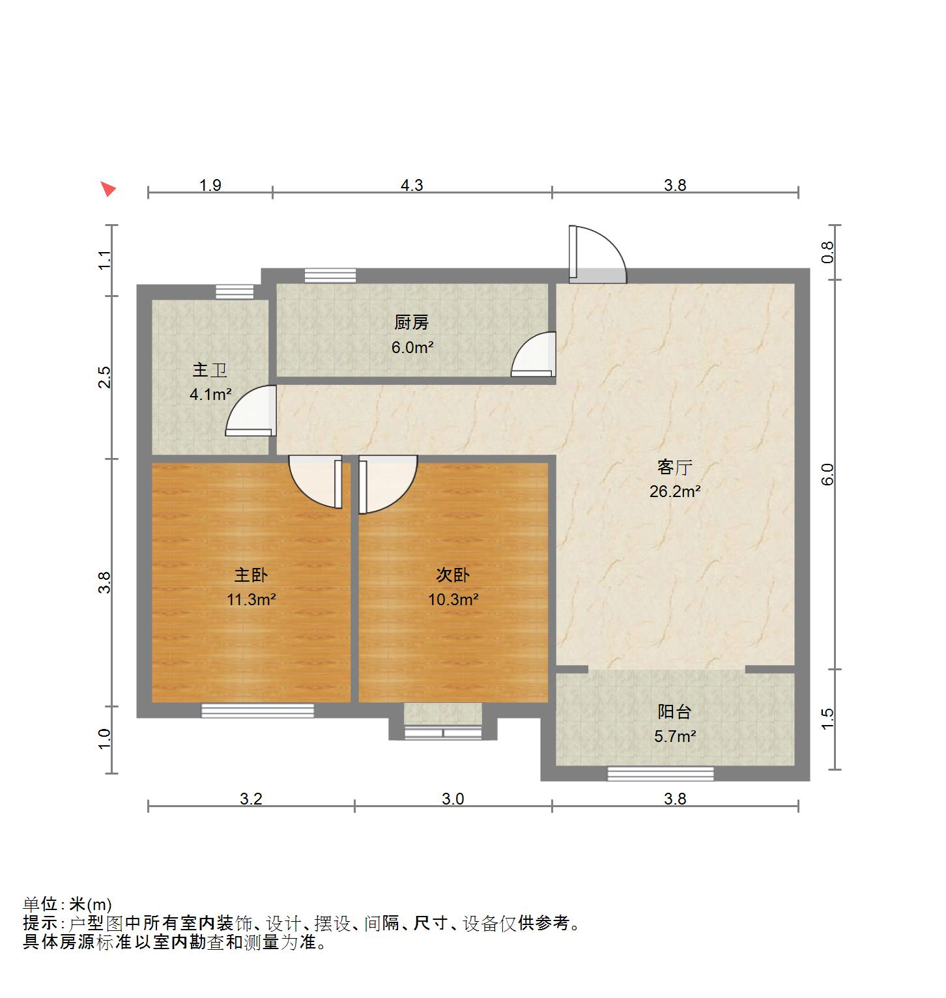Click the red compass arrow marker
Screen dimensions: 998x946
coord(108,189)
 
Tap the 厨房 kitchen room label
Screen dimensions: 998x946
coord(412,322)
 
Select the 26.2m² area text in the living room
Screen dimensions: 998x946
coord(675,491)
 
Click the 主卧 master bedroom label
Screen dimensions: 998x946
coord(251,575)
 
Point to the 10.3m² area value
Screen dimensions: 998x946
coord(453,599)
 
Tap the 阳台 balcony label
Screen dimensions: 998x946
coord(674,712)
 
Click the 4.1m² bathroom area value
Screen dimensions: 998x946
coord(211,394)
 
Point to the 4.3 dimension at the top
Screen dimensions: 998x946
coord(412,185)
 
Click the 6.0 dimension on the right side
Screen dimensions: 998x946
coord(827,474)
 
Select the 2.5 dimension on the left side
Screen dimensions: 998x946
coord(104,377)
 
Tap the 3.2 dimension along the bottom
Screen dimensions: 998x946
coord(251,799)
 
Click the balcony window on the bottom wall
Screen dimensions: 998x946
coord(661,774)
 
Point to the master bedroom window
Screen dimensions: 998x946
coord(257,711)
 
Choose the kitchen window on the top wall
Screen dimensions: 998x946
coord(330,276)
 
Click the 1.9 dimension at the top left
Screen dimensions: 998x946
coord(210,185)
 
